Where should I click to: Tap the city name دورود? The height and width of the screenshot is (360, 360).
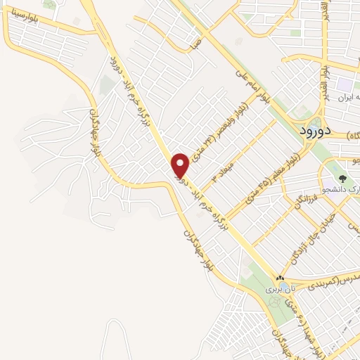click(309, 131)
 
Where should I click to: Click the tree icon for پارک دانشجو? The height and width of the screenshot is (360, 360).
click(342, 179)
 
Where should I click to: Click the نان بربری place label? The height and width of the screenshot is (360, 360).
click(281, 289)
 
